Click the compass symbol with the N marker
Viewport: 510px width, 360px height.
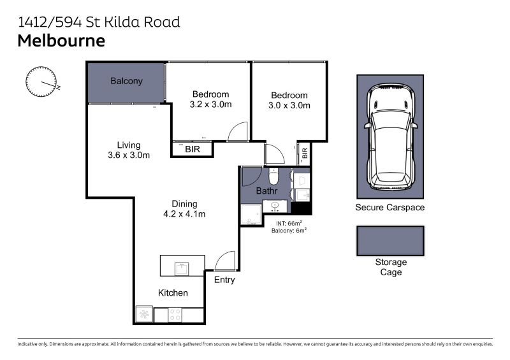point(41,82)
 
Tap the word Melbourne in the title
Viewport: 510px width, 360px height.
point(61,41)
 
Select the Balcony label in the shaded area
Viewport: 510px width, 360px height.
point(126,81)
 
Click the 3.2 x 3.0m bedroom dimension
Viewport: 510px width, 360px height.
point(211,104)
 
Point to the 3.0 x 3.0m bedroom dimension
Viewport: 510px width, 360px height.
point(289,105)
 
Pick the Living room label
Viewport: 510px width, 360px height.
point(129,145)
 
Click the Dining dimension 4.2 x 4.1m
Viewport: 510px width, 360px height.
point(184,214)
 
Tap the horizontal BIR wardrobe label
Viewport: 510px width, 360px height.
point(193,149)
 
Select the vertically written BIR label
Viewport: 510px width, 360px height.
point(305,153)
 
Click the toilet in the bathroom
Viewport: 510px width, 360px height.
point(273,176)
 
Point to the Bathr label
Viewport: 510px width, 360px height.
point(266,191)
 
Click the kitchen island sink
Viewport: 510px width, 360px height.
point(182,269)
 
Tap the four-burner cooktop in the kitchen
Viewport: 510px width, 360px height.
point(175,315)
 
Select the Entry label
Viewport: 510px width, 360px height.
point(224,280)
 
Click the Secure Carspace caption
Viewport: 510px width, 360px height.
point(390,208)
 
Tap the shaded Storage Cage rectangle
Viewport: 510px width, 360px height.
point(390,241)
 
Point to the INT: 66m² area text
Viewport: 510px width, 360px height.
point(289,224)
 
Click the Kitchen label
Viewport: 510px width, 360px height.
point(173,292)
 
